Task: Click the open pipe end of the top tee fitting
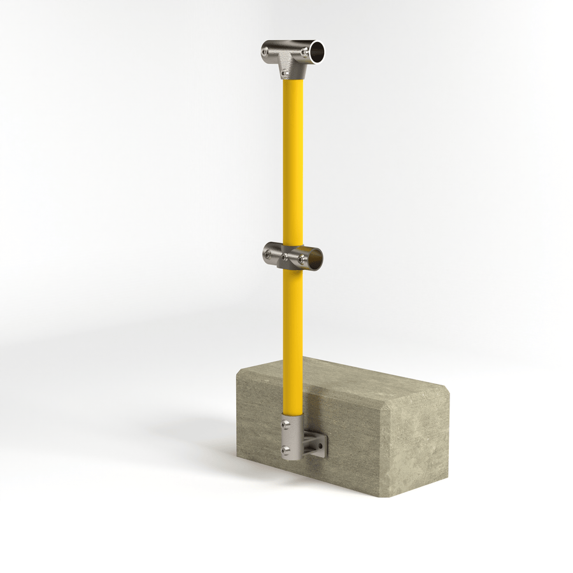point(316,49)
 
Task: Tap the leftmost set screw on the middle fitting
point(269,255)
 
